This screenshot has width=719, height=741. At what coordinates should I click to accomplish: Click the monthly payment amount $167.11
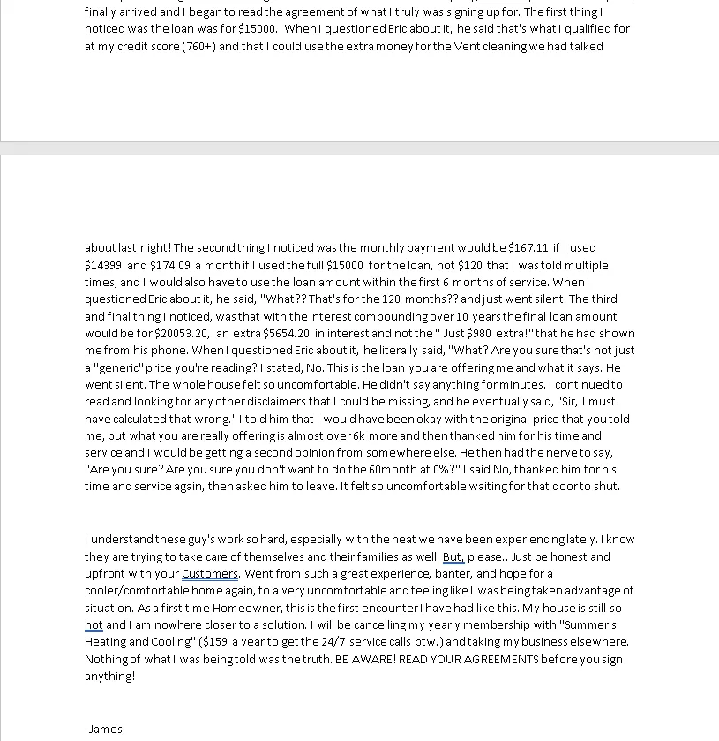click(528, 248)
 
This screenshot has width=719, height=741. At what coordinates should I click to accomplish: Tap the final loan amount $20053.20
click(183, 334)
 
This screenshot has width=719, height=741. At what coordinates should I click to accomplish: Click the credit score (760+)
click(198, 47)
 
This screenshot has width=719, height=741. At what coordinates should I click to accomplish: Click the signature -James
click(103, 729)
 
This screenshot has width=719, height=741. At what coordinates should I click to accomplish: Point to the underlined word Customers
click(210, 574)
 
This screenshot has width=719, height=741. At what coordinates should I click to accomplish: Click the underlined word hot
click(94, 625)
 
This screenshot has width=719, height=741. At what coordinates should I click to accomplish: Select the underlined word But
click(453, 557)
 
